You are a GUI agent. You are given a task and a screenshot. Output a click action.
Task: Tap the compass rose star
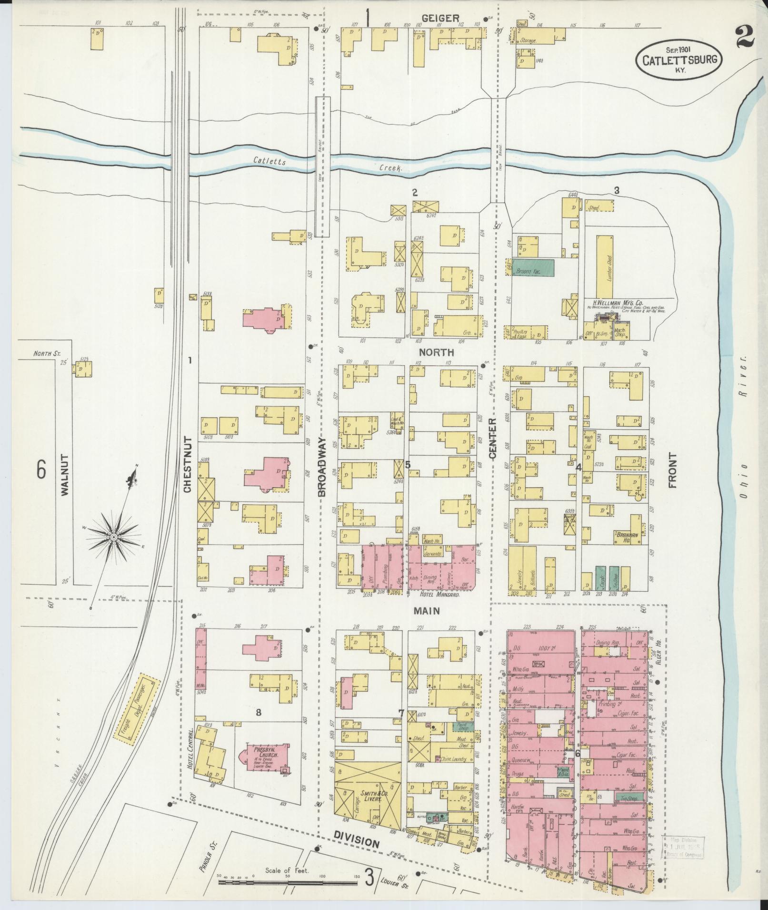point(114,537)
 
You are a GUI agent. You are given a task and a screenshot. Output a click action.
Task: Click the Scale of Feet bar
point(288,882)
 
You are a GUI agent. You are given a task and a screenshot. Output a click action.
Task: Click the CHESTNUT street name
point(187,464)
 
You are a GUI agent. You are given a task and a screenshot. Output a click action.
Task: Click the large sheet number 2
point(744,37)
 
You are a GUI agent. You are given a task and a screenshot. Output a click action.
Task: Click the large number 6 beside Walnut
point(41,470)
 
